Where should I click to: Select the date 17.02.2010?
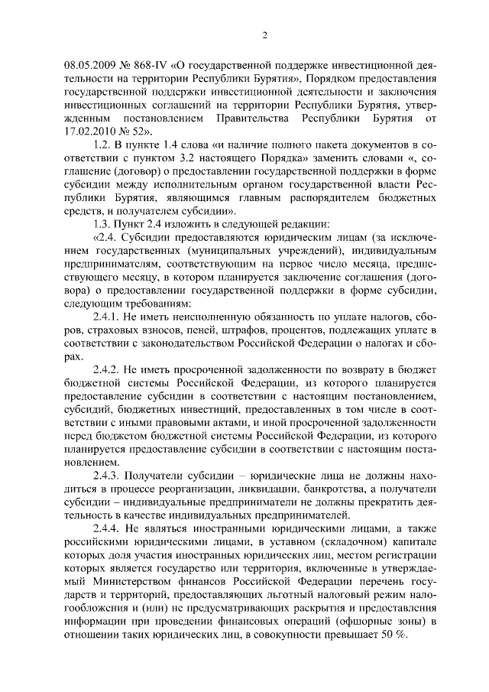(x=86, y=131)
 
